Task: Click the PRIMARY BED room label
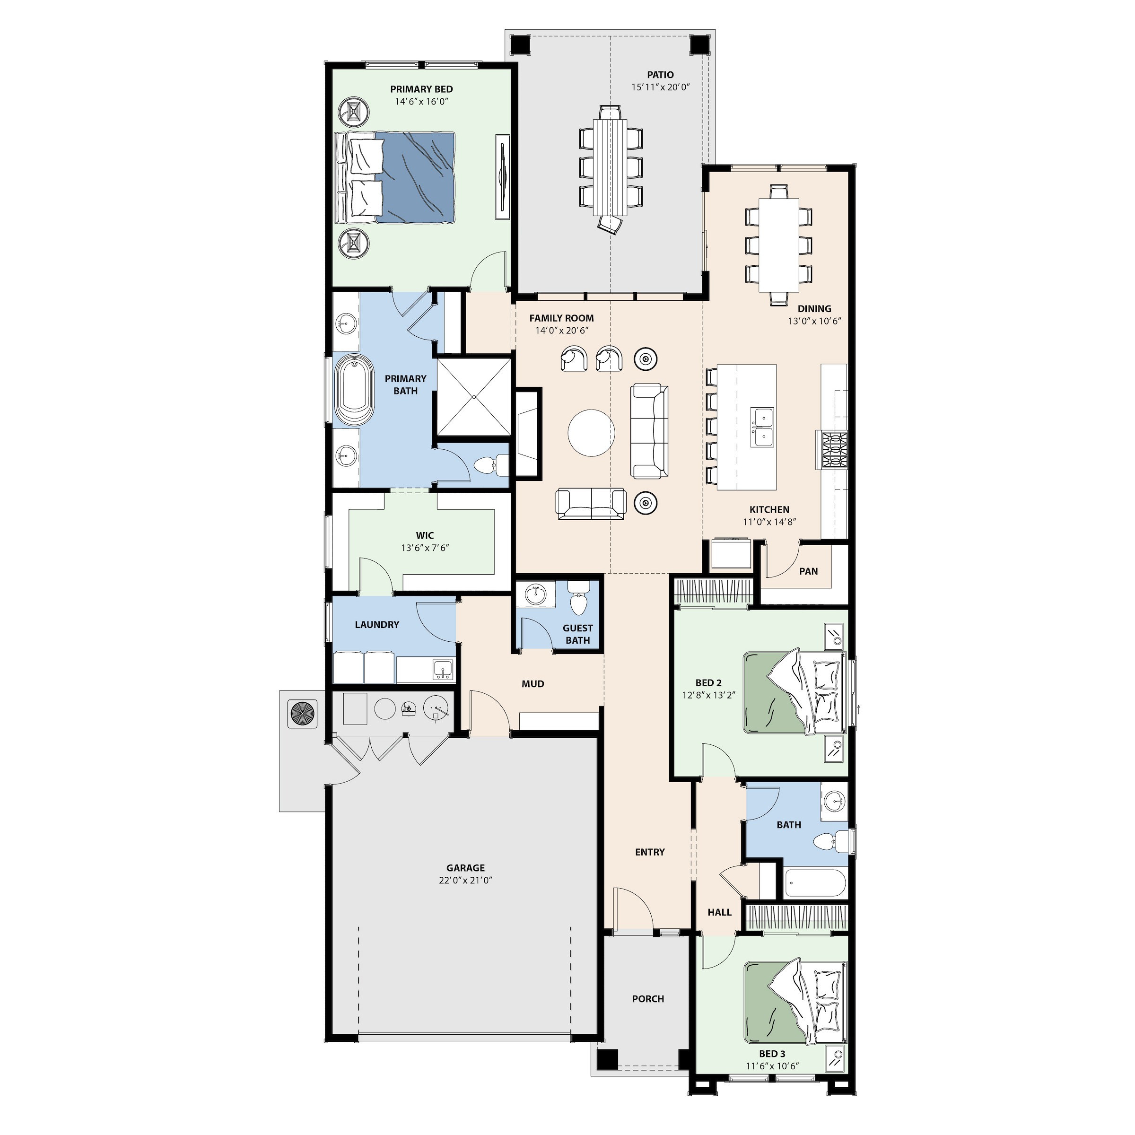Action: point(421,89)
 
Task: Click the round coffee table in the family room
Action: point(592,432)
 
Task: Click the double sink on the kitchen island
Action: point(762,427)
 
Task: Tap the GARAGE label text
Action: point(465,868)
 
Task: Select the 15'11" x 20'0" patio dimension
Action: point(660,87)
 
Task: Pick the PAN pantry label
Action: point(808,571)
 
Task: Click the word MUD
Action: point(533,684)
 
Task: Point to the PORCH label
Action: point(648,999)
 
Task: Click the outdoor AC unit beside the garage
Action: point(303,714)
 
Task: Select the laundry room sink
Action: point(442,669)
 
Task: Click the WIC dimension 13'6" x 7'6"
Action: point(425,548)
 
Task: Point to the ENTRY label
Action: point(650,852)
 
